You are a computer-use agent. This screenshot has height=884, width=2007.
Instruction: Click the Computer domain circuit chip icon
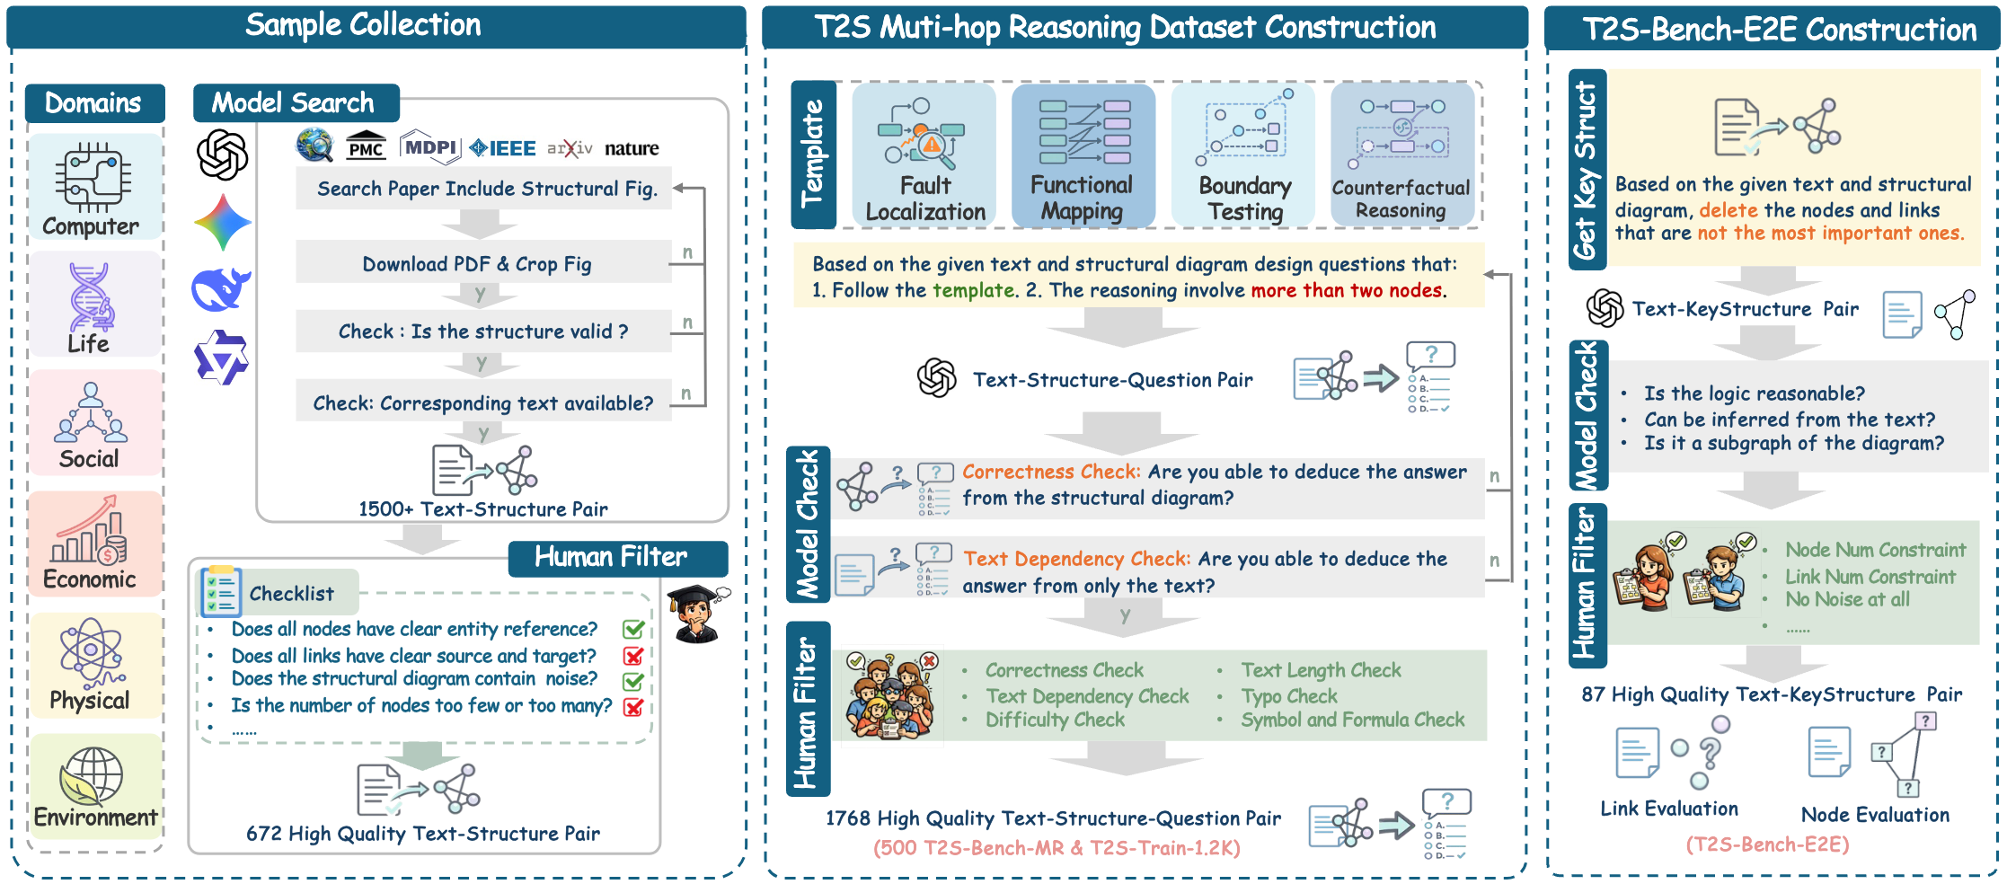coord(93,176)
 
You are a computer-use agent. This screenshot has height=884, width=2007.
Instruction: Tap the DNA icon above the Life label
coord(90,296)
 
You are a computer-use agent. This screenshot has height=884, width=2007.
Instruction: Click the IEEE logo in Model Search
coord(503,148)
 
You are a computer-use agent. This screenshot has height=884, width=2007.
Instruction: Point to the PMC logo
coord(366,147)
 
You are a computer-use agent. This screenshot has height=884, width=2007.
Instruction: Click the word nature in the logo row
coord(632,148)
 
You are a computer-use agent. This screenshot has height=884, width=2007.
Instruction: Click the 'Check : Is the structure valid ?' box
coord(483,331)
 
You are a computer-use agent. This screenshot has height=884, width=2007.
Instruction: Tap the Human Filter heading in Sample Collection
coord(611,558)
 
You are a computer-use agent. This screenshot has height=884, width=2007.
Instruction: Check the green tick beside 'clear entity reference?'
coord(633,629)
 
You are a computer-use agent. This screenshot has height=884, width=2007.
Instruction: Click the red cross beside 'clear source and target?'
coord(633,656)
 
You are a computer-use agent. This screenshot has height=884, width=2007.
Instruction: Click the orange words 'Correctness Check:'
coord(1051,472)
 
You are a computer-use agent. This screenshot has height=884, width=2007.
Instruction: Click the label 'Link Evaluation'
coord(1669,809)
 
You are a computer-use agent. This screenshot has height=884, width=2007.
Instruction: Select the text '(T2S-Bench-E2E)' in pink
coord(1767,844)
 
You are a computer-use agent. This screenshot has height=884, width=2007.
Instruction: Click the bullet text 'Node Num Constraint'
coord(1875,550)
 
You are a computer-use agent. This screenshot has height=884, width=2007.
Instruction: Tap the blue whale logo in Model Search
coord(220,290)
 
